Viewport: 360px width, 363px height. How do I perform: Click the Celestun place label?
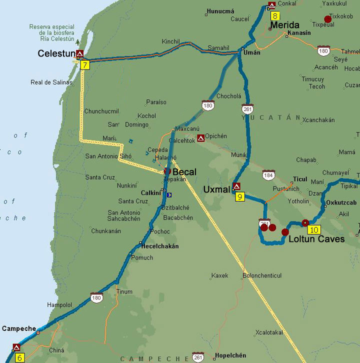pos(56,53)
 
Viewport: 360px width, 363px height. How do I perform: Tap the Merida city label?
pos(284,25)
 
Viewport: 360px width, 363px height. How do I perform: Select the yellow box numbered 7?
pos(85,65)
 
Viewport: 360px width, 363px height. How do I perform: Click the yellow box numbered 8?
pos(275,15)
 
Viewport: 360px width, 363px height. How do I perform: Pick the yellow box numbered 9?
pos(240,197)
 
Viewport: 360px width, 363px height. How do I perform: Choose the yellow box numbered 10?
pos(314,230)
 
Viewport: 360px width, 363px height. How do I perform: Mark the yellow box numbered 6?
pos(20,357)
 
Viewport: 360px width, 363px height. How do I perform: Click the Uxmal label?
pos(217,189)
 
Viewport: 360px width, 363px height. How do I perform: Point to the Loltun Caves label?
pos(316,239)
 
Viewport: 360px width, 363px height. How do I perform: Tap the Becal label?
pos(184,172)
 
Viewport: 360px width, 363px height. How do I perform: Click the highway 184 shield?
pos(269,174)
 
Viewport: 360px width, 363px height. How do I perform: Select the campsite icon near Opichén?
pos(200,137)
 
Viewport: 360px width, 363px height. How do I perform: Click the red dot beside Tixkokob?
pos(327,19)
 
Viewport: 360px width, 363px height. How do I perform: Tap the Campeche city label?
pos(19,328)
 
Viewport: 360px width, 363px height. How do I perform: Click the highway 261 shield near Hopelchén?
pos(198,357)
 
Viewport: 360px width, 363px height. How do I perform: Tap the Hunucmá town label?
pos(220,10)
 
